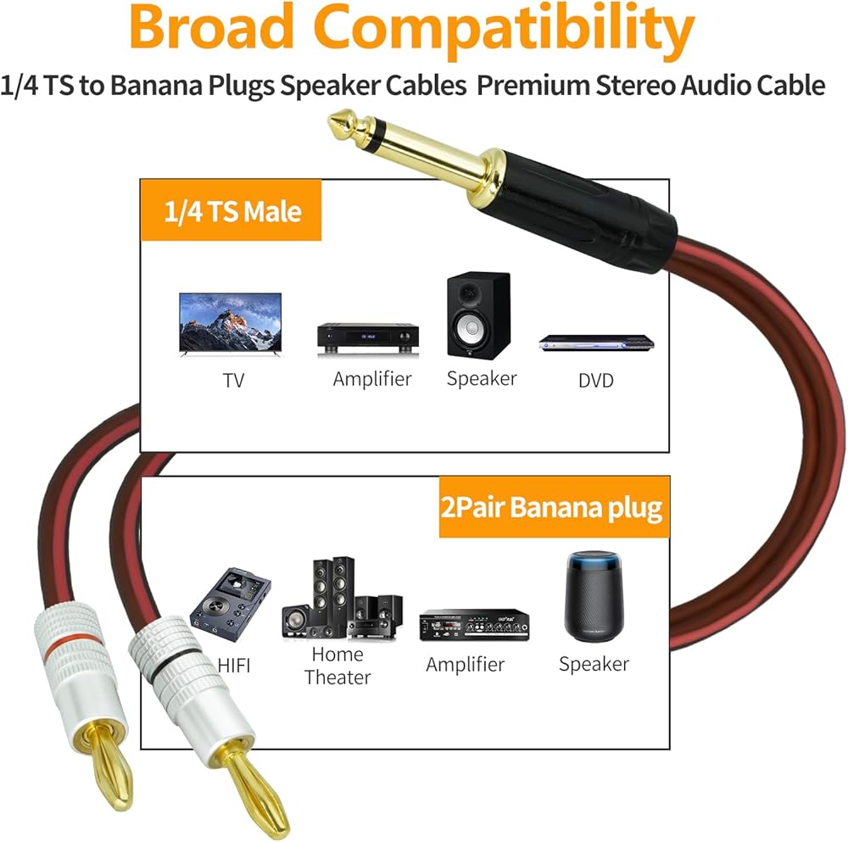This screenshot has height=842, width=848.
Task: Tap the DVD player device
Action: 597,342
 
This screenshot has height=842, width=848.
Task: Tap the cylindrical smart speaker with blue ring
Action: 593,597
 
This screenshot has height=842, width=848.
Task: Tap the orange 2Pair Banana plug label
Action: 552,507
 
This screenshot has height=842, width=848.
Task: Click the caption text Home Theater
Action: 338,666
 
